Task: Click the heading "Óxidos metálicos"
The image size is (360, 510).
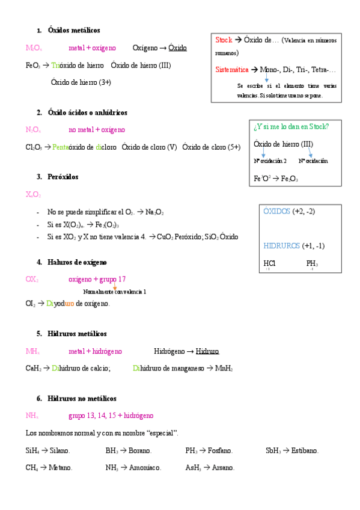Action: tap(74, 30)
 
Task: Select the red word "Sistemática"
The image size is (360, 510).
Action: tap(231, 70)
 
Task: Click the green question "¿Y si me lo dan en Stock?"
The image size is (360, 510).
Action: tap(291, 126)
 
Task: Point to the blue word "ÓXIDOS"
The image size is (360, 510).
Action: tap(276, 211)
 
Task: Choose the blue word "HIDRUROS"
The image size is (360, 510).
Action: tap(281, 245)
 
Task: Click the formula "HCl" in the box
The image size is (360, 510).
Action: tap(269, 263)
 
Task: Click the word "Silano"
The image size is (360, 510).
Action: tap(59, 450)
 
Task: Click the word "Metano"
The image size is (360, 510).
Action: tap(61, 467)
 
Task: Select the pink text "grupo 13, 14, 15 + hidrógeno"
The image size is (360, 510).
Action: tap(111, 416)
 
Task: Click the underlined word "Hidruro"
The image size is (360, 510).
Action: tap(207, 351)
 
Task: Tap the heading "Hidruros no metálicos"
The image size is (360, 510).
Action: tap(82, 398)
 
